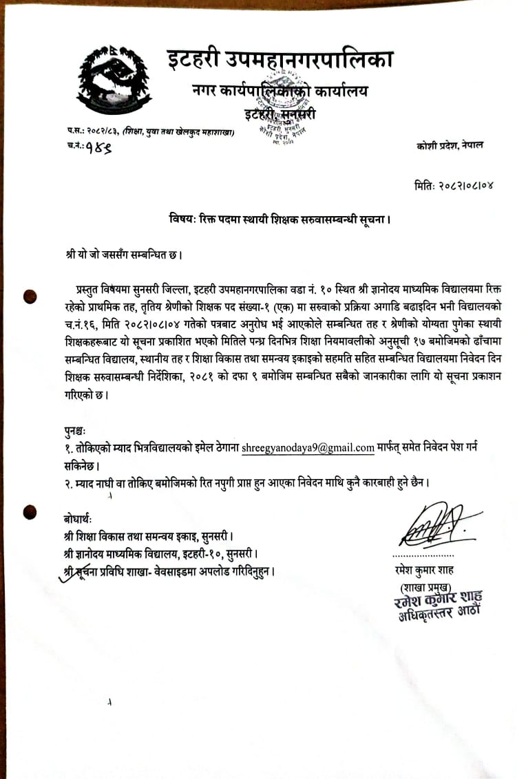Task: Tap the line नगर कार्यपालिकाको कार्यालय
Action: click(x=280, y=90)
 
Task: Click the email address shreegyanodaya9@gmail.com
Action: click(x=308, y=447)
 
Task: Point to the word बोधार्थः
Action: click(x=76, y=517)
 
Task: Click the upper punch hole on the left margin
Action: click(x=30, y=297)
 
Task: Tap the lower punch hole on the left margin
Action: click(x=30, y=511)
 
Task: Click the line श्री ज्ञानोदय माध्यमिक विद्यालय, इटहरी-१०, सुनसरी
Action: click(x=160, y=553)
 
